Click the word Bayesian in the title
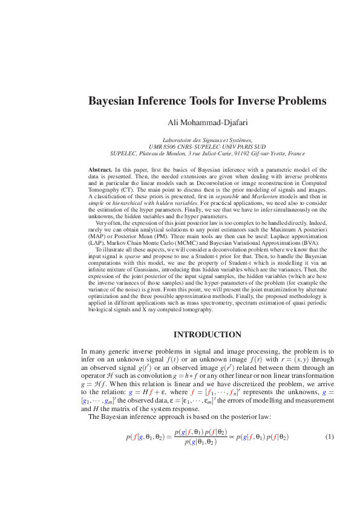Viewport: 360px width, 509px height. tap(113, 101)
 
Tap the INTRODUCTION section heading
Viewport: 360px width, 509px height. tap(208, 334)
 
